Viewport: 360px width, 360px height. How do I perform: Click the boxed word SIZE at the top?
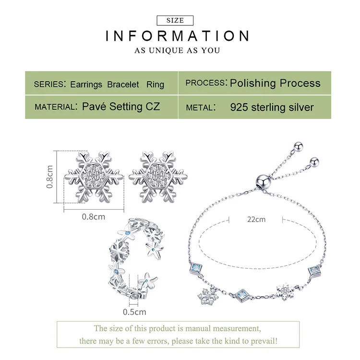[175, 20]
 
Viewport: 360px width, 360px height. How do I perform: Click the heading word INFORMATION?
[177, 36]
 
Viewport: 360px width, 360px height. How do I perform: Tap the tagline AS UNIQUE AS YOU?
[177, 50]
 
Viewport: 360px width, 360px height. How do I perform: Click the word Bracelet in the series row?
[123, 84]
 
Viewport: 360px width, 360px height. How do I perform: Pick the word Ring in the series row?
[155, 84]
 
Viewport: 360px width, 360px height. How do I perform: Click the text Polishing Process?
[275, 83]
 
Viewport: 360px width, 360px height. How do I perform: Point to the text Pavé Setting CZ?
[121, 107]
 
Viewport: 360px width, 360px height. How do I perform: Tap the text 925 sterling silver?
[272, 107]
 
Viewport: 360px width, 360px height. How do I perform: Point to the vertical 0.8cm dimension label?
[49, 177]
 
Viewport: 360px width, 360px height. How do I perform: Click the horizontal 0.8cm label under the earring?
[93, 216]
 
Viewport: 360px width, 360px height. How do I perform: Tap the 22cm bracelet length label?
[256, 219]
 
